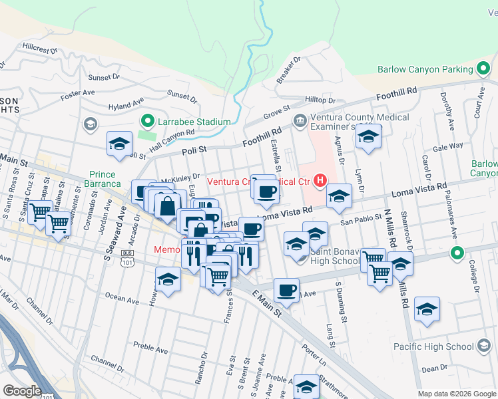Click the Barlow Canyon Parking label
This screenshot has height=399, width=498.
tap(425, 69)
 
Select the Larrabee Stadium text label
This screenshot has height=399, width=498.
tap(194, 122)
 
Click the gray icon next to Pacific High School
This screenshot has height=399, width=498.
tap(484, 346)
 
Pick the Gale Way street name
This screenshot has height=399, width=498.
tap(447, 147)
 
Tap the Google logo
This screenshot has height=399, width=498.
tap(21, 390)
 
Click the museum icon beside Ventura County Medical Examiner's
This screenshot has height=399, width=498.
tap(300, 121)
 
